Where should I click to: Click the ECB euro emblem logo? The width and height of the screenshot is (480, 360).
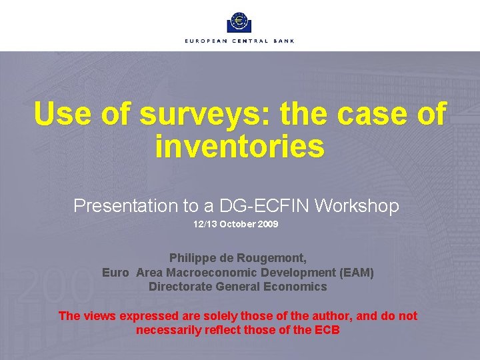(239, 22)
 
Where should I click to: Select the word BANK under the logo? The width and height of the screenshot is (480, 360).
(283, 41)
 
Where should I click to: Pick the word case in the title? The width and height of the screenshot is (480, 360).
(373, 114)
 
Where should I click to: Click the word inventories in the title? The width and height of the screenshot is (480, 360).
(239, 146)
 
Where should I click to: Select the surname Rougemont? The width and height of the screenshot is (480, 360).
(275, 257)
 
